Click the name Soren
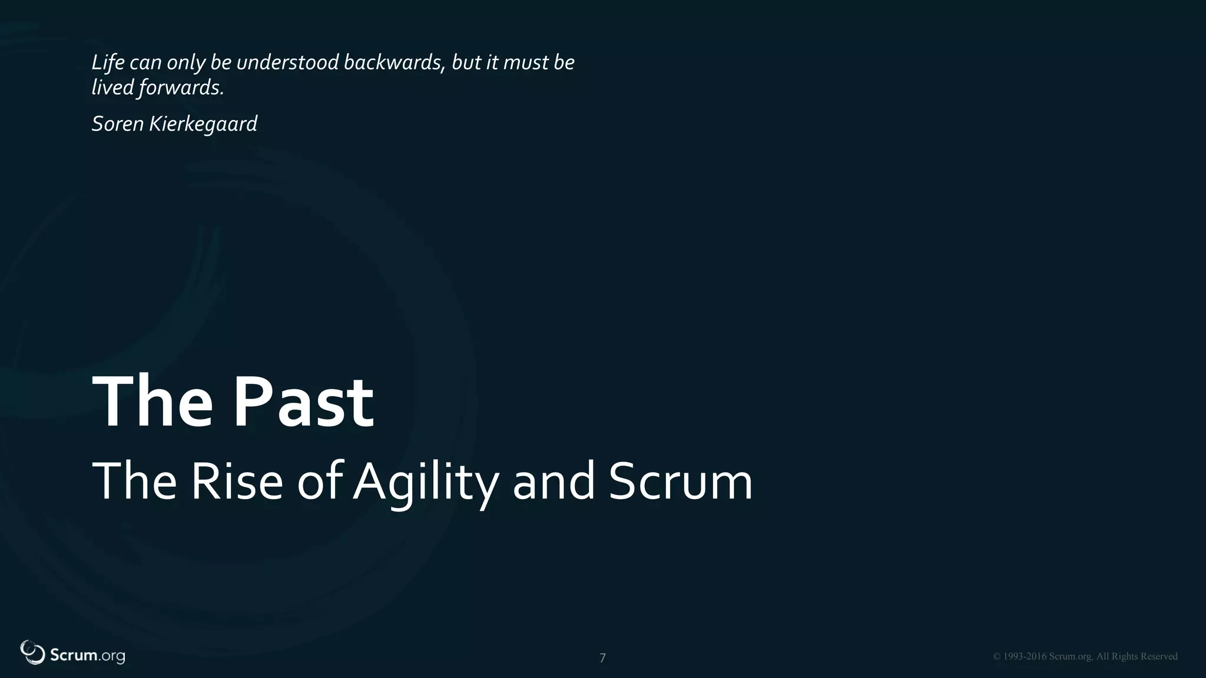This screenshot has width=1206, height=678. pyautogui.click(x=117, y=124)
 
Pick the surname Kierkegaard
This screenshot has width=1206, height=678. pyautogui.click(x=203, y=124)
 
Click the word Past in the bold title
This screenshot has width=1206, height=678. pyautogui.click(x=304, y=403)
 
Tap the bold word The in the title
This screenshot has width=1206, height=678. pyautogui.click(x=152, y=403)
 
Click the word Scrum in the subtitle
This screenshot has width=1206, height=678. pyautogui.click(x=680, y=481)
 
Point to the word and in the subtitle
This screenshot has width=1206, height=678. pyautogui.click(x=554, y=481)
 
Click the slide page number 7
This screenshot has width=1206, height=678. pyautogui.click(x=602, y=658)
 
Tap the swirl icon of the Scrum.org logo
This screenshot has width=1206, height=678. pyautogui.click(x=32, y=652)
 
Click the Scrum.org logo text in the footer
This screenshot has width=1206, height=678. pyautogui.click(x=87, y=656)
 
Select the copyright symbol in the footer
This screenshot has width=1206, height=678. pyautogui.click(x=996, y=657)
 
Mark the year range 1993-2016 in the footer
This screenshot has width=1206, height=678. pyautogui.click(x=1025, y=657)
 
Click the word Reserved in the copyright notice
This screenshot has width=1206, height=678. pyautogui.click(x=1159, y=657)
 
